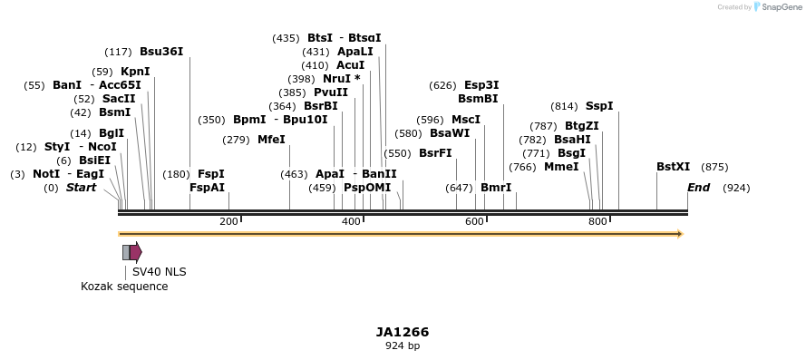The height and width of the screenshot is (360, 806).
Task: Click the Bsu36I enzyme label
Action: [x=161, y=52]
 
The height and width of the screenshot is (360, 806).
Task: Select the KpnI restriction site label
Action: [x=135, y=72]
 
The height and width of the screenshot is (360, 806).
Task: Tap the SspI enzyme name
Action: [x=599, y=106]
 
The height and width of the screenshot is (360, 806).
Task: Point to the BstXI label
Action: [x=673, y=167]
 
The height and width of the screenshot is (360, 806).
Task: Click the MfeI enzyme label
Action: [x=271, y=140]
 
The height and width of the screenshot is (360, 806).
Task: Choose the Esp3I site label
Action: [x=481, y=85]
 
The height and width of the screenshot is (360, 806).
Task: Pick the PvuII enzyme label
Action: [x=331, y=92]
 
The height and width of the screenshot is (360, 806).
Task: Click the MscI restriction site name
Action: [x=466, y=120]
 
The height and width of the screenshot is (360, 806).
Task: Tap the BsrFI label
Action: [x=435, y=153]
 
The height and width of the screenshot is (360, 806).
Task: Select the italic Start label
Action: [x=81, y=188]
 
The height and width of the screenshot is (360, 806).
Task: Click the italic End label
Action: [x=698, y=188]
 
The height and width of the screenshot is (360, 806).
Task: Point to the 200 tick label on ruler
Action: [x=228, y=222]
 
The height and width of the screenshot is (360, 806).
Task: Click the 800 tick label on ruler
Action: [x=597, y=222]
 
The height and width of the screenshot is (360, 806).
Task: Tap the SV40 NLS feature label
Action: [x=159, y=271]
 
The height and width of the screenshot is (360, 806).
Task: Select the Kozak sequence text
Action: [x=124, y=287]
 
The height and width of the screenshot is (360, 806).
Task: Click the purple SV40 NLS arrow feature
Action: [x=135, y=252]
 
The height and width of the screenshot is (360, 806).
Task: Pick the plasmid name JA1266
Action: [x=403, y=332]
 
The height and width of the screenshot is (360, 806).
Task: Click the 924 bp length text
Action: [x=403, y=345]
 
